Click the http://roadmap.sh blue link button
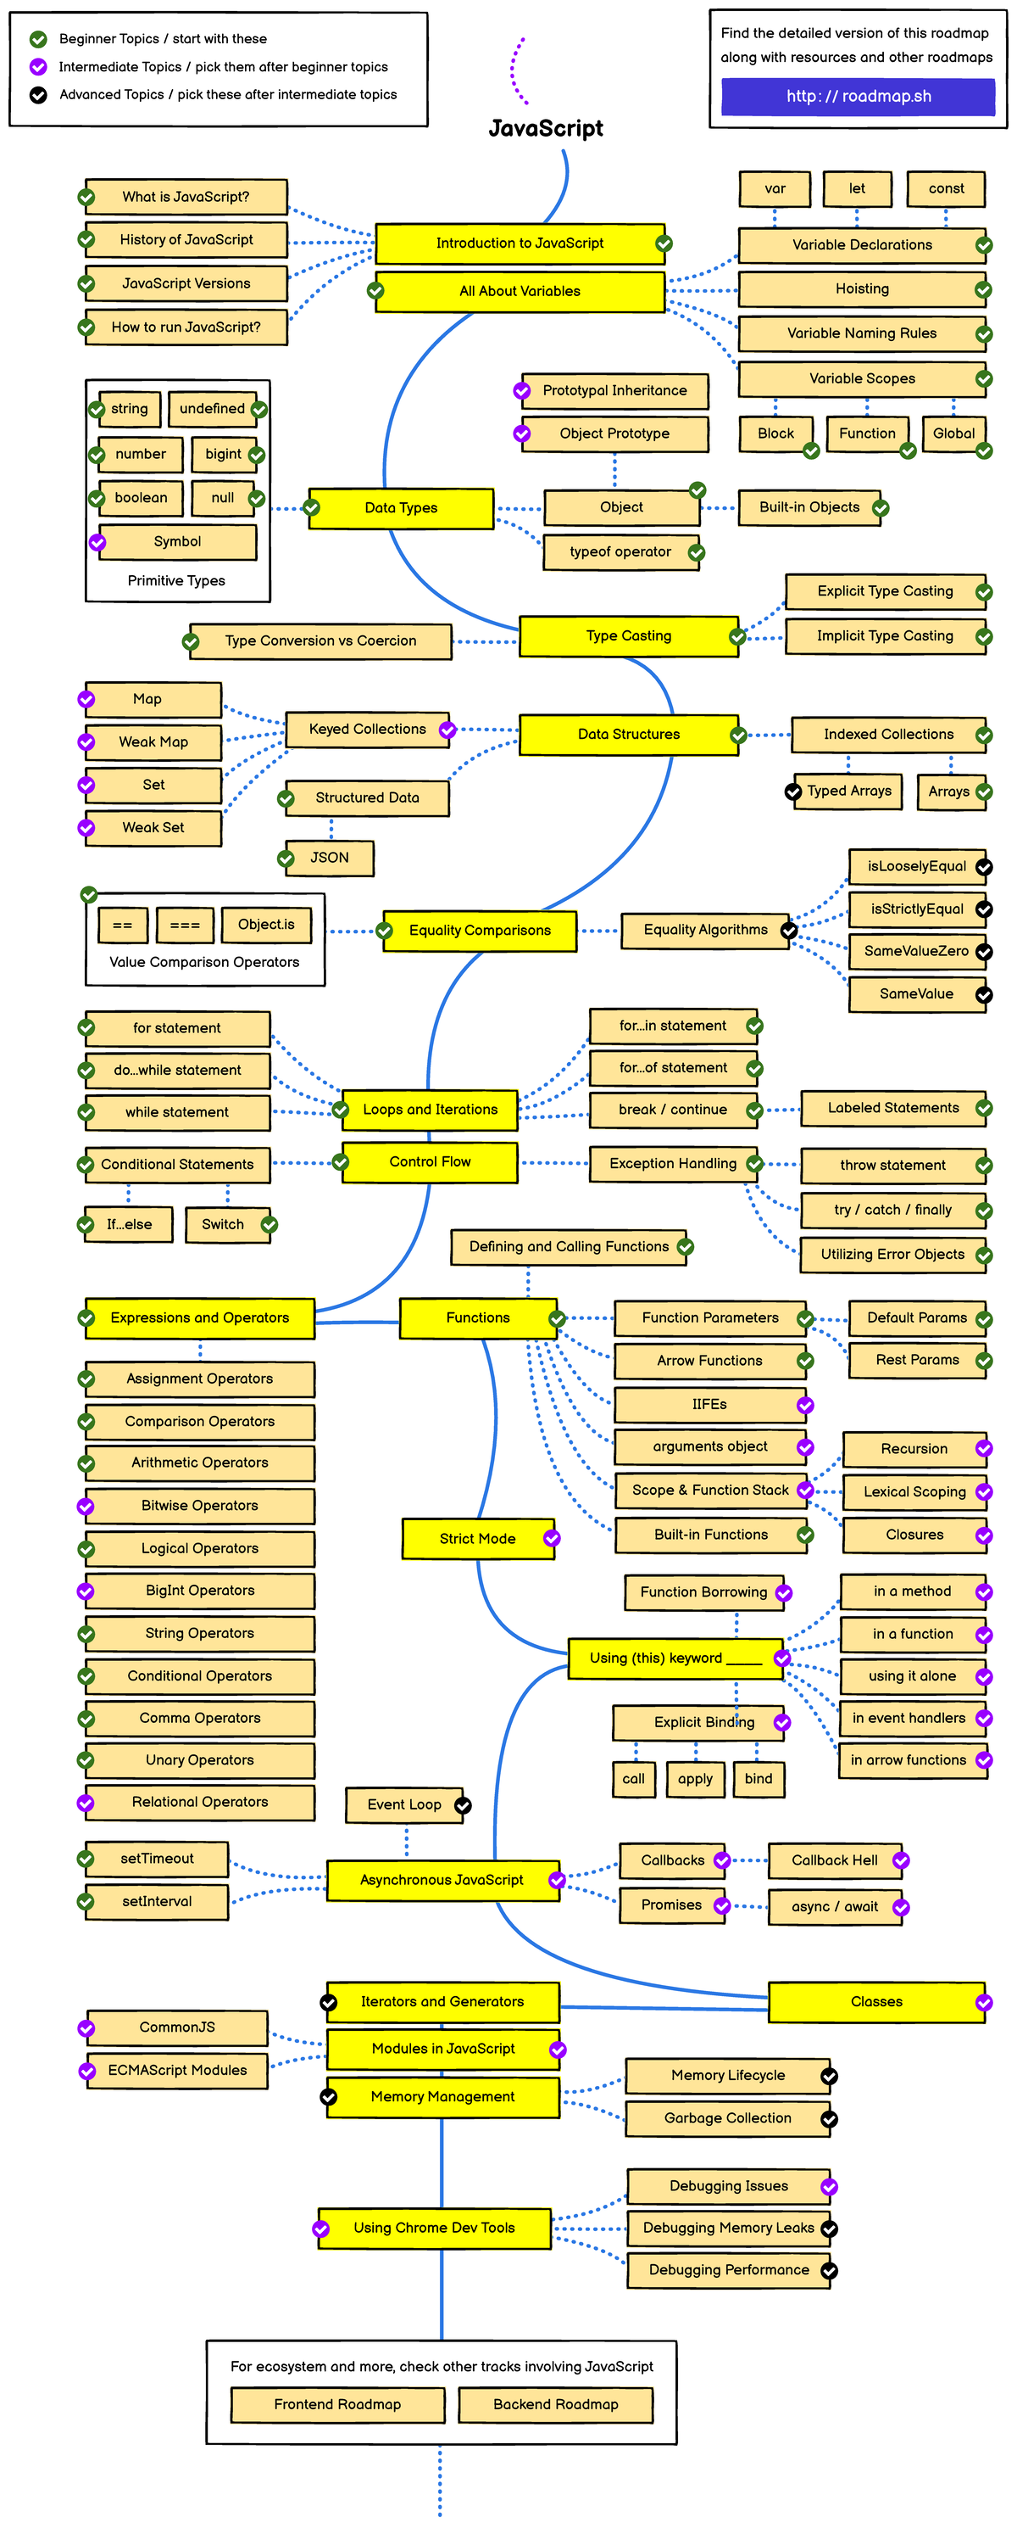click(859, 96)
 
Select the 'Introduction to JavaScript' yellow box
click(519, 243)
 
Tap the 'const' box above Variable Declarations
click(946, 188)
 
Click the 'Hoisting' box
click(861, 288)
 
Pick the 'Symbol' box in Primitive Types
click(176, 542)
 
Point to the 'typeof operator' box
click(620, 551)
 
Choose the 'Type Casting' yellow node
click(628, 636)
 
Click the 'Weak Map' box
click(153, 742)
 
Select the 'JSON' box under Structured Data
click(330, 857)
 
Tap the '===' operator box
click(185, 925)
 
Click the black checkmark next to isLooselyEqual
click(984, 866)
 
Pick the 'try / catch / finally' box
click(892, 1210)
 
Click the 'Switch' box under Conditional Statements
click(223, 1224)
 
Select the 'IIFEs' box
click(709, 1404)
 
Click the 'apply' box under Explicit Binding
click(694, 1778)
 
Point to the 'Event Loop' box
click(404, 1804)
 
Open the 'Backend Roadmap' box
click(555, 2403)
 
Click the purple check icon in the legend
click(38, 67)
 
